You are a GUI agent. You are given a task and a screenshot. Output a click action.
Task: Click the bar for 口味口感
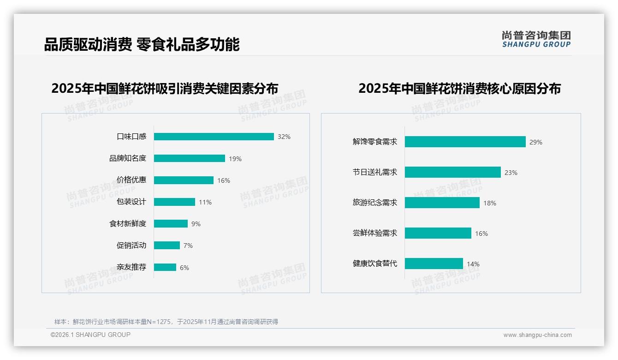click(x=214, y=137)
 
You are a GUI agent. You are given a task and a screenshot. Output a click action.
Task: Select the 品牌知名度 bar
click(x=190, y=158)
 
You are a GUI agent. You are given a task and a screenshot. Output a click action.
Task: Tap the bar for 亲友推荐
click(x=165, y=267)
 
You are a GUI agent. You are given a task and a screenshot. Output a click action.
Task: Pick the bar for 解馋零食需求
click(x=465, y=142)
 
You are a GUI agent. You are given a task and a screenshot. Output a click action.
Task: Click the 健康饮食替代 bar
click(x=434, y=264)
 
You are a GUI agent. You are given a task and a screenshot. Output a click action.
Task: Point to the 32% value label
click(x=284, y=137)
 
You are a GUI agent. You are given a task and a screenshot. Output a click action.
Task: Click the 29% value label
click(x=536, y=142)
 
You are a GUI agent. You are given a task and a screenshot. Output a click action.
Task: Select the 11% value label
click(x=205, y=202)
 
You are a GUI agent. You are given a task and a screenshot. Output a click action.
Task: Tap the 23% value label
click(x=511, y=173)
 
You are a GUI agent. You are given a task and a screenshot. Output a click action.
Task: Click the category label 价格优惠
click(x=131, y=180)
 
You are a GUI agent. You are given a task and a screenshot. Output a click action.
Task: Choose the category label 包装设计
click(x=131, y=202)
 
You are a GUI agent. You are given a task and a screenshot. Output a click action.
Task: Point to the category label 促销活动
click(x=131, y=245)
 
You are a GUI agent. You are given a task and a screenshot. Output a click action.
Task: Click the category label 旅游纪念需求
click(x=375, y=203)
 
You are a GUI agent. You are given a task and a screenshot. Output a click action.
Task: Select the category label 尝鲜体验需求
click(x=375, y=233)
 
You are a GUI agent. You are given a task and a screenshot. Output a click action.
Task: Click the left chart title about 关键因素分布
click(x=165, y=89)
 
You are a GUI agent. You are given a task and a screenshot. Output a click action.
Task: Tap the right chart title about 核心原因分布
click(x=459, y=89)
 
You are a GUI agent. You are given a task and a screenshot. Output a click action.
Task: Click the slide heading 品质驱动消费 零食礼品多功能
click(x=142, y=45)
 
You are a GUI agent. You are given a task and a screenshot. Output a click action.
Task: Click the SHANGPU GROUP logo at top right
click(x=536, y=39)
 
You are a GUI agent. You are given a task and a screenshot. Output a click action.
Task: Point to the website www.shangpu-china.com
click(x=537, y=335)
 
